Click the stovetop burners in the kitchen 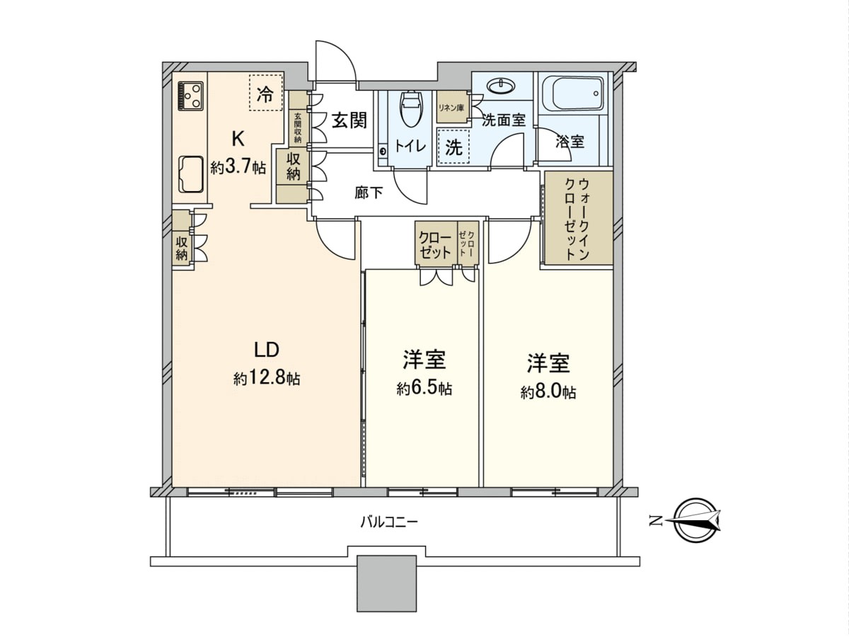click(190, 95)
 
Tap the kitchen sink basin click(191, 174)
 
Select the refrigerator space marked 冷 click(266, 93)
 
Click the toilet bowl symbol click(412, 109)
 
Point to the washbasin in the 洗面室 click(502, 86)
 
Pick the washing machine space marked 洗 click(454, 148)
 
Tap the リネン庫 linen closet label click(451, 108)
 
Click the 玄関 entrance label click(350, 121)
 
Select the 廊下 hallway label click(369, 193)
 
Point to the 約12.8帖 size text click(267, 377)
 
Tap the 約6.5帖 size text click(424, 388)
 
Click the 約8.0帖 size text click(548, 392)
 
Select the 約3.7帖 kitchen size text click(238, 167)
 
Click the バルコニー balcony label click(389, 524)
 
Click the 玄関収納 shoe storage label click(297, 128)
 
